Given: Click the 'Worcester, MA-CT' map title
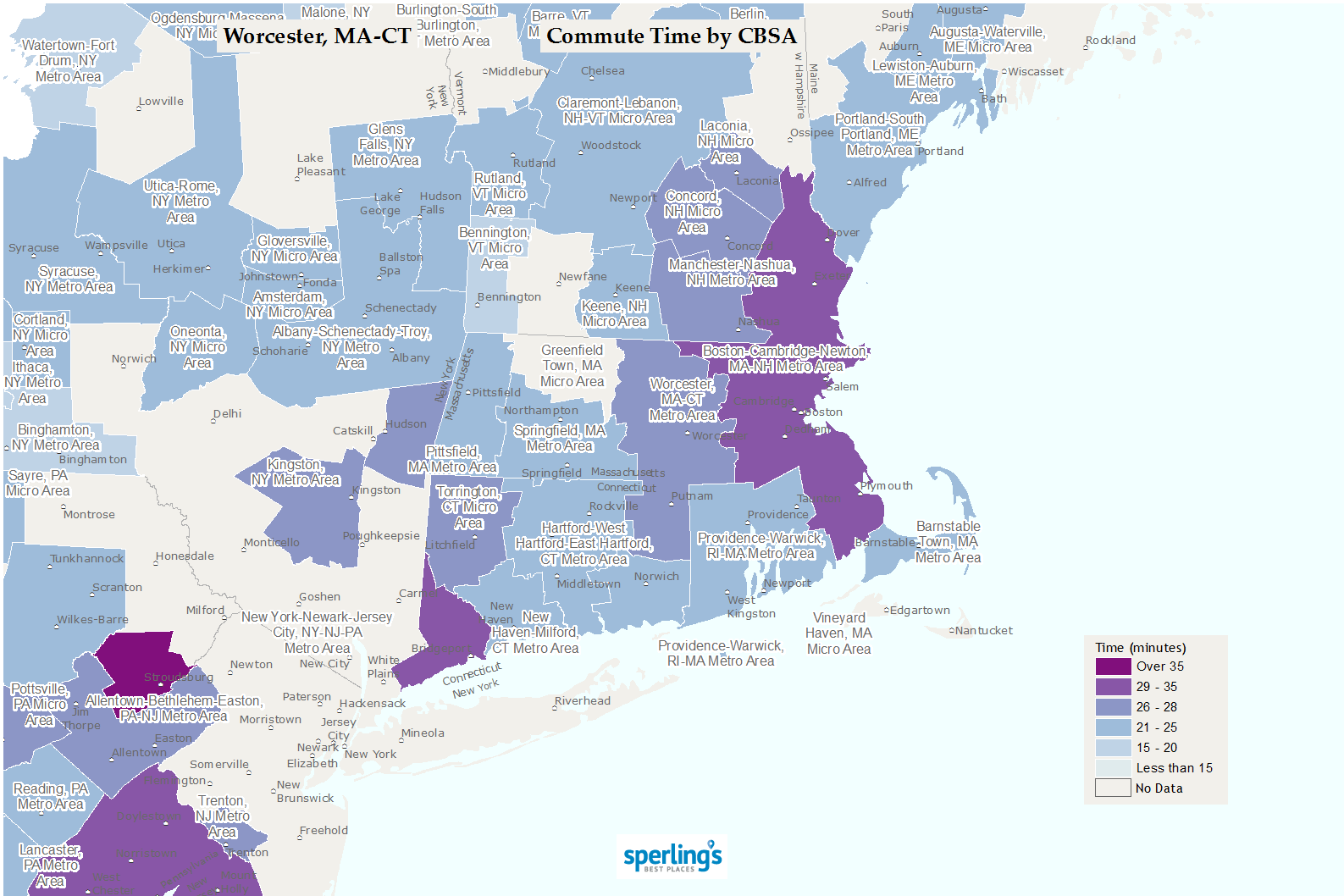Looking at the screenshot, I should [317, 36].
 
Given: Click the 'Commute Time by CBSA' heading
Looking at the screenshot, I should [671, 36].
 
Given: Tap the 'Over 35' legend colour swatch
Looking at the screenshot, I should [1113, 666].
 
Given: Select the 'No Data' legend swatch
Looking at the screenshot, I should [1113, 788].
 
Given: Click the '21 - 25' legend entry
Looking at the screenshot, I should [1156, 727].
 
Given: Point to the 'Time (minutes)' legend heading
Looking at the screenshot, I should [1140, 648].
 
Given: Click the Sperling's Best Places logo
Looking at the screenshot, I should [672, 857].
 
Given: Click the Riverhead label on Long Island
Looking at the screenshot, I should [583, 701].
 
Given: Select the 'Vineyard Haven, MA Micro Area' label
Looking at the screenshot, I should [838, 633].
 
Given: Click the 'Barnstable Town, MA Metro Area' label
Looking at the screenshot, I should [948, 542].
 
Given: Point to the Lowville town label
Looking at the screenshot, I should [161, 102].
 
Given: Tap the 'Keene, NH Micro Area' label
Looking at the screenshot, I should [614, 314].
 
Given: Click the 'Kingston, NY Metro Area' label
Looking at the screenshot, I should [295, 473].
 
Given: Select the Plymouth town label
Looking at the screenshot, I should [886, 486].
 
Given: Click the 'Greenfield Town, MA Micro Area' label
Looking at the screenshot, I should [572, 366].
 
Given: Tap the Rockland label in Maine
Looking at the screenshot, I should [1110, 41].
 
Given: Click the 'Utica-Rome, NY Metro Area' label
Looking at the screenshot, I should [180, 202].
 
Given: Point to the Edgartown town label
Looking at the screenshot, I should [920, 611].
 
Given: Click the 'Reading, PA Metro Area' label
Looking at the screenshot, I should [51, 797].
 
